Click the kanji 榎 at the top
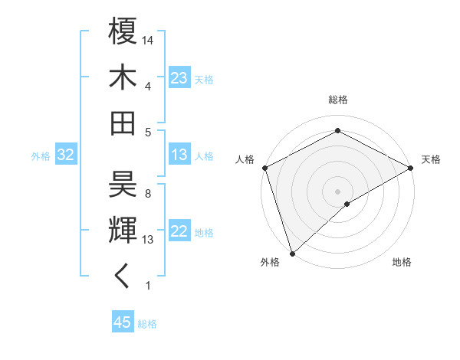(x=123, y=32)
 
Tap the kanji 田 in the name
(x=123, y=122)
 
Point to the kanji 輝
(x=123, y=229)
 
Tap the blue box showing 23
(x=179, y=77)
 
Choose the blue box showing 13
(x=179, y=155)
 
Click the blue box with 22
(x=179, y=231)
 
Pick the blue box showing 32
(x=66, y=155)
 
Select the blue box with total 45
(x=123, y=322)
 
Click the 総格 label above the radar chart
(x=337, y=100)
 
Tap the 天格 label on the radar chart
(x=431, y=159)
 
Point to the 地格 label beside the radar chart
(x=402, y=262)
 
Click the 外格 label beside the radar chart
(x=270, y=262)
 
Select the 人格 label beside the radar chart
(x=245, y=159)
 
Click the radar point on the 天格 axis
(x=411, y=168)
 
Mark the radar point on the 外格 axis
(x=292, y=253)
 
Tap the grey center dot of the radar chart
(x=337, y=191)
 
